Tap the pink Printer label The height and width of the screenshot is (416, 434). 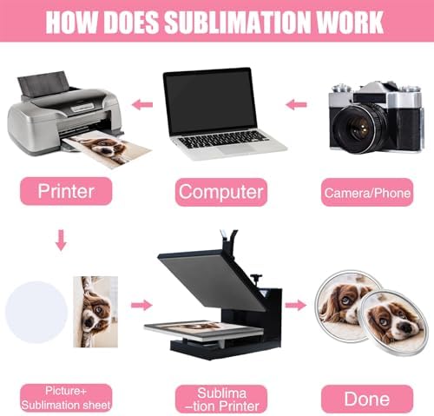(66, 191)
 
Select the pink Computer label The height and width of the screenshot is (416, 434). (221, 192)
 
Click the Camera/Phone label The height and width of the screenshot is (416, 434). (367, 193)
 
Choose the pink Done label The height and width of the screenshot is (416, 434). (367, 399)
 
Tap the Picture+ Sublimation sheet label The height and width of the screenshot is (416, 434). (66, 398)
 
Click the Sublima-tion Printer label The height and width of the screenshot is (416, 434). (221, 399)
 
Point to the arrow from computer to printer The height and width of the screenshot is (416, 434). (142, 104)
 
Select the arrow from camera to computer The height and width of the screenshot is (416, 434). (296, 104)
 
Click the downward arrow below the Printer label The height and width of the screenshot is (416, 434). (61, 240)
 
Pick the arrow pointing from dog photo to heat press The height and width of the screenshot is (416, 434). (141, 305)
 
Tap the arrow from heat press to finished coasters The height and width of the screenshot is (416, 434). (296, 305)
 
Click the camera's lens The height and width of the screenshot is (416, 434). (359, 129)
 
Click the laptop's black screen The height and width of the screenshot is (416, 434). (211, 102)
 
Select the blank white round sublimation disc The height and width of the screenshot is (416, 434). (36, 312)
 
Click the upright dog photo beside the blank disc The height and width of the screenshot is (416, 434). (95, 312)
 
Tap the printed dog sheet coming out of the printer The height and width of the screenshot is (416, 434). (108, 149)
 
